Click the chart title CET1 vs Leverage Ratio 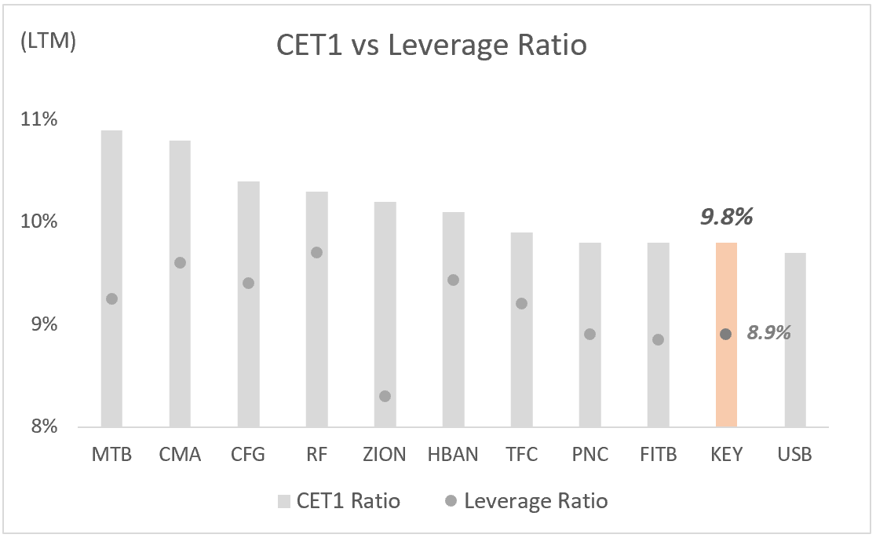[x=431, y=46]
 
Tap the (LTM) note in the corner [x=46, y=42]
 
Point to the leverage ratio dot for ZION [x=385, y=396]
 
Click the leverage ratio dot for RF [x=316, y=252]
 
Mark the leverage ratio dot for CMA [x=180, y=262]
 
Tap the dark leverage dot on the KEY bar [x=726, y=334]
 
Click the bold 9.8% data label [x=726, y=217]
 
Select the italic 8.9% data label [x=768, y=333]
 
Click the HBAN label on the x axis [x=453, y=455]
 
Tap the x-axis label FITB [x=658, y=455]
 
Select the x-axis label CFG [x=248, y=455]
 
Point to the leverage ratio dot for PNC [x=589, y=334]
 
